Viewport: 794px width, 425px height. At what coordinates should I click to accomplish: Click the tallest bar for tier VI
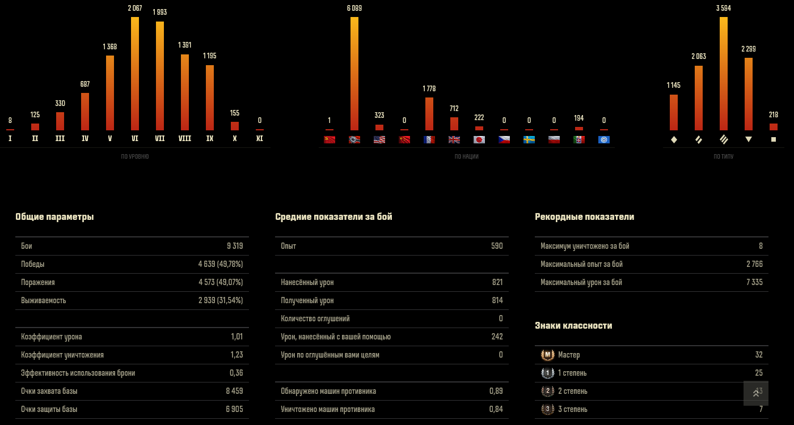[135, 74]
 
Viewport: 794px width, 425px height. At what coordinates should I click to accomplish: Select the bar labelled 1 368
[110, 93]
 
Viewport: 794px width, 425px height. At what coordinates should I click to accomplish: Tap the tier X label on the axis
[235, 138]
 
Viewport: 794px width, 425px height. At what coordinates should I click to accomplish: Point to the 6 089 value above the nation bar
[354, 8]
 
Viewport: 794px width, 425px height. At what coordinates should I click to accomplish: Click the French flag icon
[429, 139]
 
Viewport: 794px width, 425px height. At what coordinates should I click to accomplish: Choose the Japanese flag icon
[479, 139]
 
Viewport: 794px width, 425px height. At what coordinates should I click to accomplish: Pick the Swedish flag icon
[529, 139]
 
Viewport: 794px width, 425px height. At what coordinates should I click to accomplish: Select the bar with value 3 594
[724, 74]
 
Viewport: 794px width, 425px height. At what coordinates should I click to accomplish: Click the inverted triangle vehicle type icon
[749, 139]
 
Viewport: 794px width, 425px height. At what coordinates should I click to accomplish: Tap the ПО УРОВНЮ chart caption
[135, 156]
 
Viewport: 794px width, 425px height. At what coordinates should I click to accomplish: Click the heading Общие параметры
[54, 216]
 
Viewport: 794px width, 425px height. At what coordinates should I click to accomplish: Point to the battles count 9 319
[235, 246]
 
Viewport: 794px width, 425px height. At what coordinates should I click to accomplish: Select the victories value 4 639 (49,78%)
[221, 264]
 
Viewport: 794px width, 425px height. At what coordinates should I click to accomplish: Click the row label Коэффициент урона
[52, 337]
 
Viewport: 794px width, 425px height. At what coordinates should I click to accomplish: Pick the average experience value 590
[497, 246]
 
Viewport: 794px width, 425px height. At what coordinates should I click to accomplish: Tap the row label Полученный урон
[307, 300]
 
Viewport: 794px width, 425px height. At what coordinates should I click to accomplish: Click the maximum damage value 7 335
[754, 282]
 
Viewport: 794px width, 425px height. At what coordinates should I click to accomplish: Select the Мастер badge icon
[547, 355]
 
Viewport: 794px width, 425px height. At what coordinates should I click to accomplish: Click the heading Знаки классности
[573, 325]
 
